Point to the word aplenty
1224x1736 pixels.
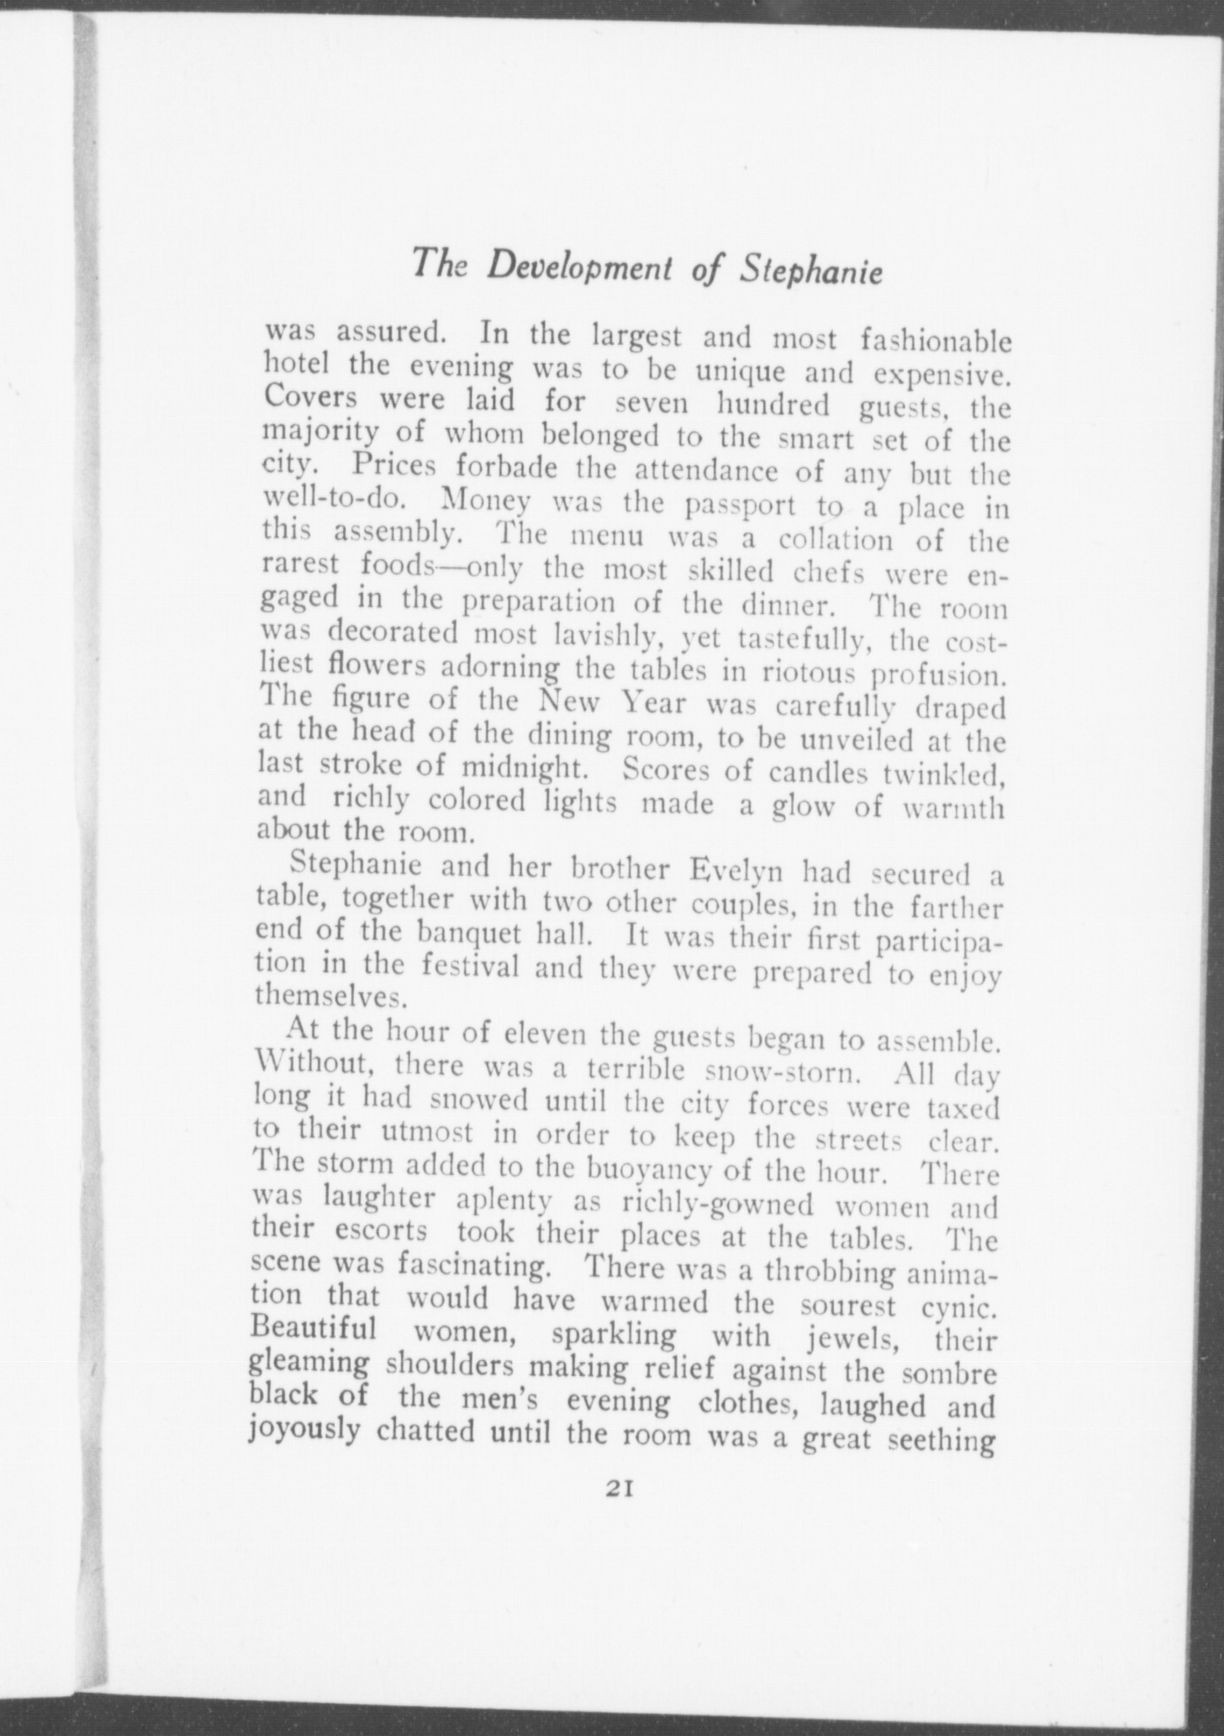[x=504, y=1204]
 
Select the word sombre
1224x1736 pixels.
[x=949, y=1373]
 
